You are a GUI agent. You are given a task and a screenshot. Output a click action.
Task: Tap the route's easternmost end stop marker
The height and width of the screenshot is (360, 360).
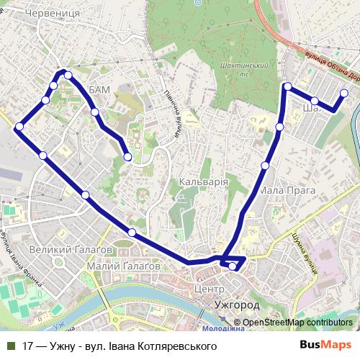[x=344, y=93]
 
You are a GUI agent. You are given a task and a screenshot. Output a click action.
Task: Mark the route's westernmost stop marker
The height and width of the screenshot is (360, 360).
[x=19, y=127]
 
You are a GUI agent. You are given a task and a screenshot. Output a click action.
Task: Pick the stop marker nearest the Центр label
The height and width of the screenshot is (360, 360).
[x=233, y=267]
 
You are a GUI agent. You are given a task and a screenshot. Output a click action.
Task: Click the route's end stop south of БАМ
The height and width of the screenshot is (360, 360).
[x=127, y=156]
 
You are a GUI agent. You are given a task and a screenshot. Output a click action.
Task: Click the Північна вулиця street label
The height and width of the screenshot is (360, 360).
[x=176, y=119]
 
